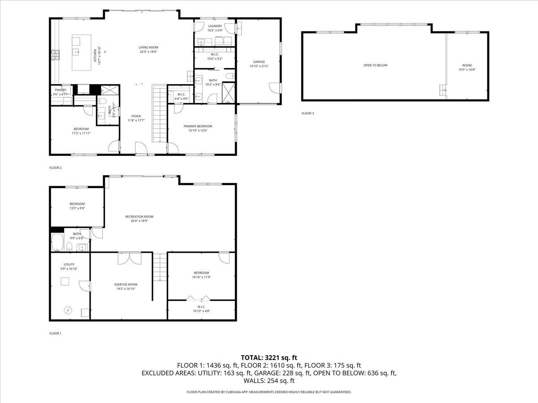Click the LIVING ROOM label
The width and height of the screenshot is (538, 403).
(148, 47)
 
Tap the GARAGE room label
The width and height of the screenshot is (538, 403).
(259, 62)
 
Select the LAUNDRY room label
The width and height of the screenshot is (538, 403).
(215, 26)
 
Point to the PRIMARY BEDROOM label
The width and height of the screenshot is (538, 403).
(198, 126)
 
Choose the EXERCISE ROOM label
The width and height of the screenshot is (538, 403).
(126, 284)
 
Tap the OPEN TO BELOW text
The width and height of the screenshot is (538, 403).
(375, 65)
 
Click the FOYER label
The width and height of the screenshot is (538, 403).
(136, 116)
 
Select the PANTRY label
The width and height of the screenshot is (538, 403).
(61, 90)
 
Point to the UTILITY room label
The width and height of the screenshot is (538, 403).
(69, 264)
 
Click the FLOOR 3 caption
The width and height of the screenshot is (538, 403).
(308, 113)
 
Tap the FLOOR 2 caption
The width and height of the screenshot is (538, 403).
(55, 168)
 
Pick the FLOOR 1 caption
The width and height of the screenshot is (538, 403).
(55, 333)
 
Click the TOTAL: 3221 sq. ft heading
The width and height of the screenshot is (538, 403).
(269, 357)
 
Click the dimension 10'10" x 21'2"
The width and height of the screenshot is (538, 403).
(259, 66)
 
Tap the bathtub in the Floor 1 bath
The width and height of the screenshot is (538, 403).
(57, 243)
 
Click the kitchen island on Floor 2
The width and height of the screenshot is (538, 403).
(82, 52)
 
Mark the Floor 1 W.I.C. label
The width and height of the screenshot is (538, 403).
(201, 307)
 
